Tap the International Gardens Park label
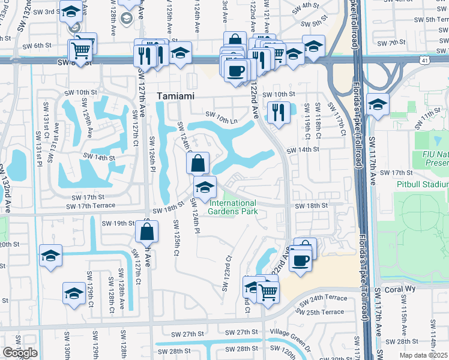coord(233,208)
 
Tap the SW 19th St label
coord(127,223)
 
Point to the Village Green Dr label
coord(291,331)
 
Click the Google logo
coord(20,353)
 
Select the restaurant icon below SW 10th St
coord(278,112)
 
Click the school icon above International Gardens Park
coord(205,186)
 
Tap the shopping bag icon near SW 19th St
coord(148,230)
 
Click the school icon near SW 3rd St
coord(71,13)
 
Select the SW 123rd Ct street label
coord(227,274)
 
